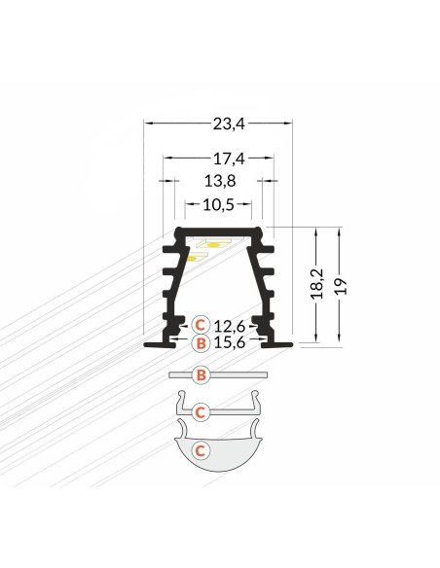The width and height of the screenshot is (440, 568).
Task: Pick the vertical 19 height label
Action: (340, 287)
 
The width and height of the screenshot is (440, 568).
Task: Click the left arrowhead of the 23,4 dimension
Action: (148, 123)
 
